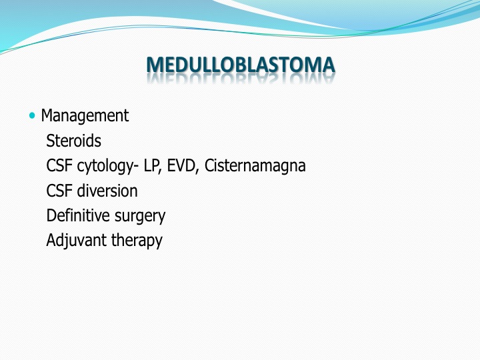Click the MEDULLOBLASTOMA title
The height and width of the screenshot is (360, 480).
241,65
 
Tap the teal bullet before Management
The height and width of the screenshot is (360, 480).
32,116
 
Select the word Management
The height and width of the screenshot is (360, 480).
85,116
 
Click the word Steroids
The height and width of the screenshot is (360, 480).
73,141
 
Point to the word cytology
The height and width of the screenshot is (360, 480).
105,167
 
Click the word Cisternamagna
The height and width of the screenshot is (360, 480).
255,166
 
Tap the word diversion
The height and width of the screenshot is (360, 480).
107,191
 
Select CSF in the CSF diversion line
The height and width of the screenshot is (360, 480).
60,191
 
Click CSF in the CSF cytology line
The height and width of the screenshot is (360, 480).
60,166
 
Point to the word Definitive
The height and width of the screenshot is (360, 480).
79,215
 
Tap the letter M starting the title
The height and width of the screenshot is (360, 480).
155,65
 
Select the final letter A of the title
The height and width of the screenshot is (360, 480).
327,65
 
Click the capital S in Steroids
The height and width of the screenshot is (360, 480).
51,141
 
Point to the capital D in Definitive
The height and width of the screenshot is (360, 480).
51,215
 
